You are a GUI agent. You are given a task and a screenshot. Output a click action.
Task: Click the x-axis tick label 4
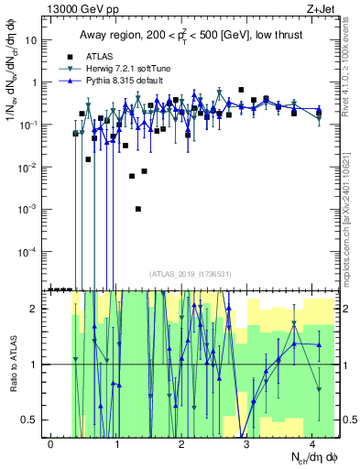tap(312, 443)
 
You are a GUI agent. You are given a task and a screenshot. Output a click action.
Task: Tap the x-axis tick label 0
tap(51, 443)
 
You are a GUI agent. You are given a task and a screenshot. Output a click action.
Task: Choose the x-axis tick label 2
tap(182, 443)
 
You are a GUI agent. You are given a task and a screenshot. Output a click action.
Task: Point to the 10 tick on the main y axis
tap(35, 40)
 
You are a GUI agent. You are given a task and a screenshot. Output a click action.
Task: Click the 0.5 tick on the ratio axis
tap(33, 420)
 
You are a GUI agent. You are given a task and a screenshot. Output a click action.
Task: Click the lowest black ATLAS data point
tap(138, 209)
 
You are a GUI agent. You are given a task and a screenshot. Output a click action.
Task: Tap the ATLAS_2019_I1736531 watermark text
tap(191, 273)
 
